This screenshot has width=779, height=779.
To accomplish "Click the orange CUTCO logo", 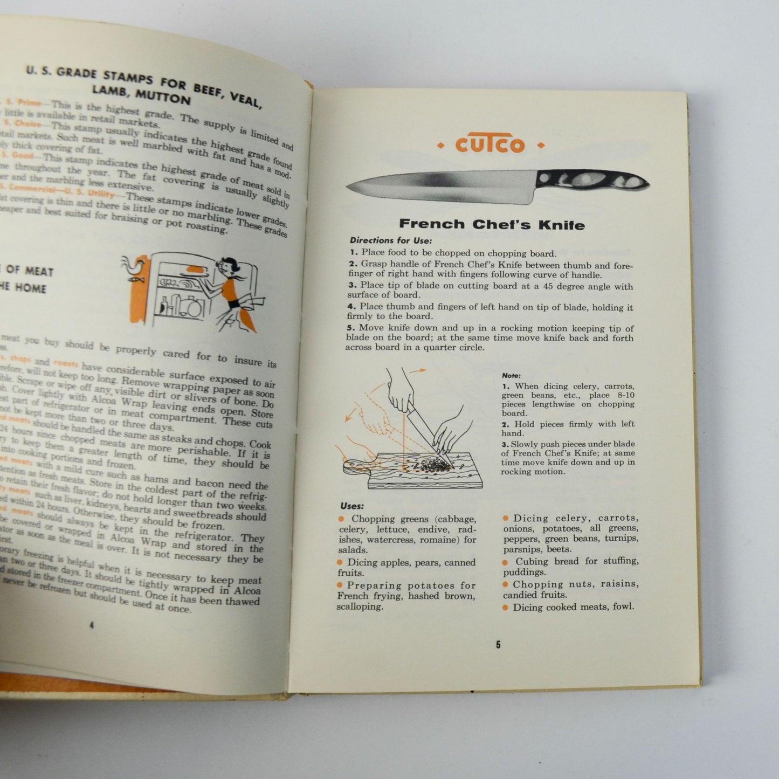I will click(490, 144).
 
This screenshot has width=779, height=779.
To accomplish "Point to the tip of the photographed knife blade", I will click(349, 188).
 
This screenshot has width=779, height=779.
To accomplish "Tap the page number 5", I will click(498, 645).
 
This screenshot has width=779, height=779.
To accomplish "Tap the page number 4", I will click(92, 626).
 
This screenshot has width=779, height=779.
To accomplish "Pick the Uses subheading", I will click(352, 506).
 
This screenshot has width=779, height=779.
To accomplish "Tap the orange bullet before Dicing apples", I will click(341, 562).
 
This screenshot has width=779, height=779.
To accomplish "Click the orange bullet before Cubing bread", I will click(506, 561).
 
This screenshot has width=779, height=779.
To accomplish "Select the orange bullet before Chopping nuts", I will click(506, 584).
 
